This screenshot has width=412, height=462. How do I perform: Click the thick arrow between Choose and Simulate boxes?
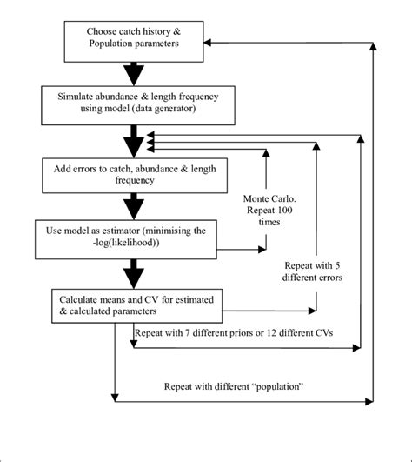tap(134, 70)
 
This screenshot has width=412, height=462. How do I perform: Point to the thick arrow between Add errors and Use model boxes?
tap(134, 205)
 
